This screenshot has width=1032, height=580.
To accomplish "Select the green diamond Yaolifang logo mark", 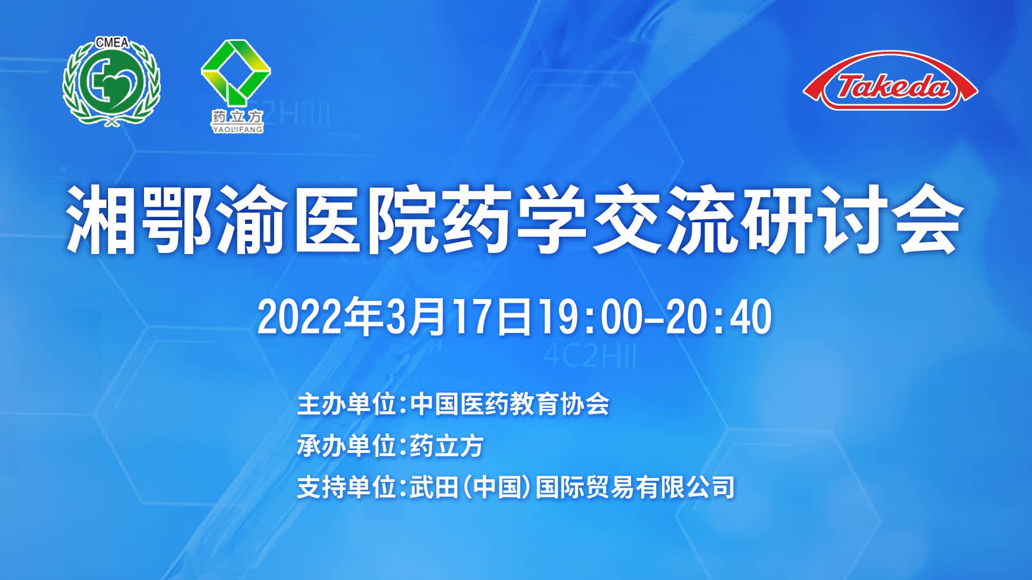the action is pyautogui.click(x=235, y=73).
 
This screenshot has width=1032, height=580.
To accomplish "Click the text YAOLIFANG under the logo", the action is pyautogui.click(x=237, y=129).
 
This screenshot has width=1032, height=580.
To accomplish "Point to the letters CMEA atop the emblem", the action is pyautogui.click(x=112, y=42).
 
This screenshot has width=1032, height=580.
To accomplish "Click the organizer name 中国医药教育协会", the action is pyautogui.click(x=510, y=404).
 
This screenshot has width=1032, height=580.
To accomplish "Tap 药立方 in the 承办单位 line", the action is pyautogui.click(x=447, y=446).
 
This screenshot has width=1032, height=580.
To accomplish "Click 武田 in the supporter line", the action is pyautogui.click(x=434, y=488).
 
